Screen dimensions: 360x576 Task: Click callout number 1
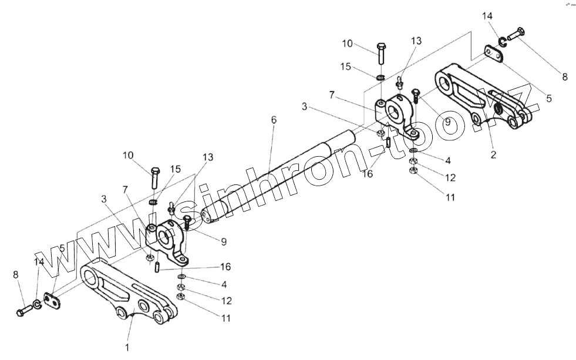pos(126,347)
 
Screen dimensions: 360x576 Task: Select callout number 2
pos(493,155)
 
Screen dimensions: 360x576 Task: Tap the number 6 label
pos(274,120)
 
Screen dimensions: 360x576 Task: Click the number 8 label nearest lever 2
pos(565,76)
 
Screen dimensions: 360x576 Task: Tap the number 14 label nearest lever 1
pos(39,262)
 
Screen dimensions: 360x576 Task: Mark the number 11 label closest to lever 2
pos(450,198)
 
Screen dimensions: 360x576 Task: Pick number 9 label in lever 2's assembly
pos(447,122)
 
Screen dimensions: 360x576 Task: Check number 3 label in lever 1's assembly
pos(104,200)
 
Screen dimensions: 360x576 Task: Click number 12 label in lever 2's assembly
pos(450,177)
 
